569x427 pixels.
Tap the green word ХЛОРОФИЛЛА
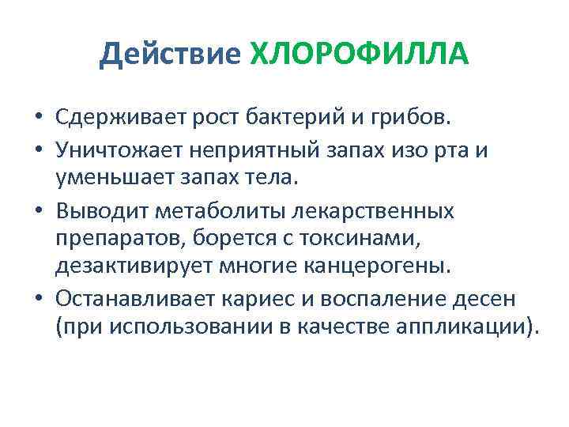[x=359, y=55]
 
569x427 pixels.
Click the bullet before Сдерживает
[x=39, y=119]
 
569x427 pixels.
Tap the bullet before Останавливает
[x=39, y=300]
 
